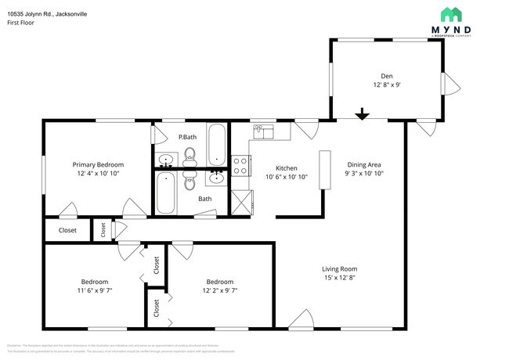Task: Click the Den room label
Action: click(x=387, y=75)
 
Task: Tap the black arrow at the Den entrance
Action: click(x=361, y=115)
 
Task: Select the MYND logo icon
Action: click(x=452, y=15)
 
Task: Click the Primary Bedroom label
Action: click(x=98, y=164)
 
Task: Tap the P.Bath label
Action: click(x=186, y=138)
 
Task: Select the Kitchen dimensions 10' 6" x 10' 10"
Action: click(x=286, y=178)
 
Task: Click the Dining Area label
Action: click(x=363, y=165)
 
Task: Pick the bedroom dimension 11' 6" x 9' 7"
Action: click(x=94, y=291)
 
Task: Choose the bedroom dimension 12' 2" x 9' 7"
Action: click(x=220, y=291)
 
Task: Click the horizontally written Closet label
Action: click(x=67, y=230)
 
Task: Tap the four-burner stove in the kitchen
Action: click(x=240, y=165)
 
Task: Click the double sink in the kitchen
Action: click(x=262, y=131)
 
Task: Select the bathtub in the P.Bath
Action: click(x=217, y=141)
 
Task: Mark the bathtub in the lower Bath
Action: click(x=166, y=193)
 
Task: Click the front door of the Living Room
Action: click(x=300, y=319)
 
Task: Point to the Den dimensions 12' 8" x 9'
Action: click(x=387, y=85)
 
